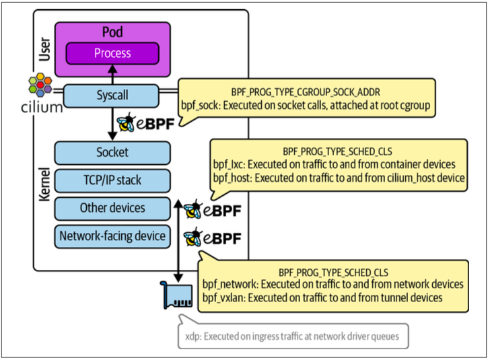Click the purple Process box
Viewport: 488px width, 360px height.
[112, 54]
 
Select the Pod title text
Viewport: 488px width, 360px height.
[112, 32]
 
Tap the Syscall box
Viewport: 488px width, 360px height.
[112, 96]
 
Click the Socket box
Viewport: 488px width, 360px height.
[112, 153]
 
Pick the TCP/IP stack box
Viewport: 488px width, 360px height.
[112, 180]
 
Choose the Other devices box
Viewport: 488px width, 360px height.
[112, 208]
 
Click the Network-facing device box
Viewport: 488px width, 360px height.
[112, 236]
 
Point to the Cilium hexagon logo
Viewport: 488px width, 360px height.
[40, 85]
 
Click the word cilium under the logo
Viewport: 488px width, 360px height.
[42, 108]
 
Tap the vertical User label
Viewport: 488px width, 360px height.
[44, 49]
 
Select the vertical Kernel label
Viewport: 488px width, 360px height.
[44, 184]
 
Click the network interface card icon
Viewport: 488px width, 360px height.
[176, 295]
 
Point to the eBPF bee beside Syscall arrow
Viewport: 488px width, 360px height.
[126, 122]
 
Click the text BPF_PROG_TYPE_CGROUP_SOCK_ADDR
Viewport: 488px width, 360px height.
[306, 92]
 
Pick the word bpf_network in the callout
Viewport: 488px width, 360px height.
[229, 284]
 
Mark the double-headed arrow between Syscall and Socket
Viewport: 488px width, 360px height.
[112, 124]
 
